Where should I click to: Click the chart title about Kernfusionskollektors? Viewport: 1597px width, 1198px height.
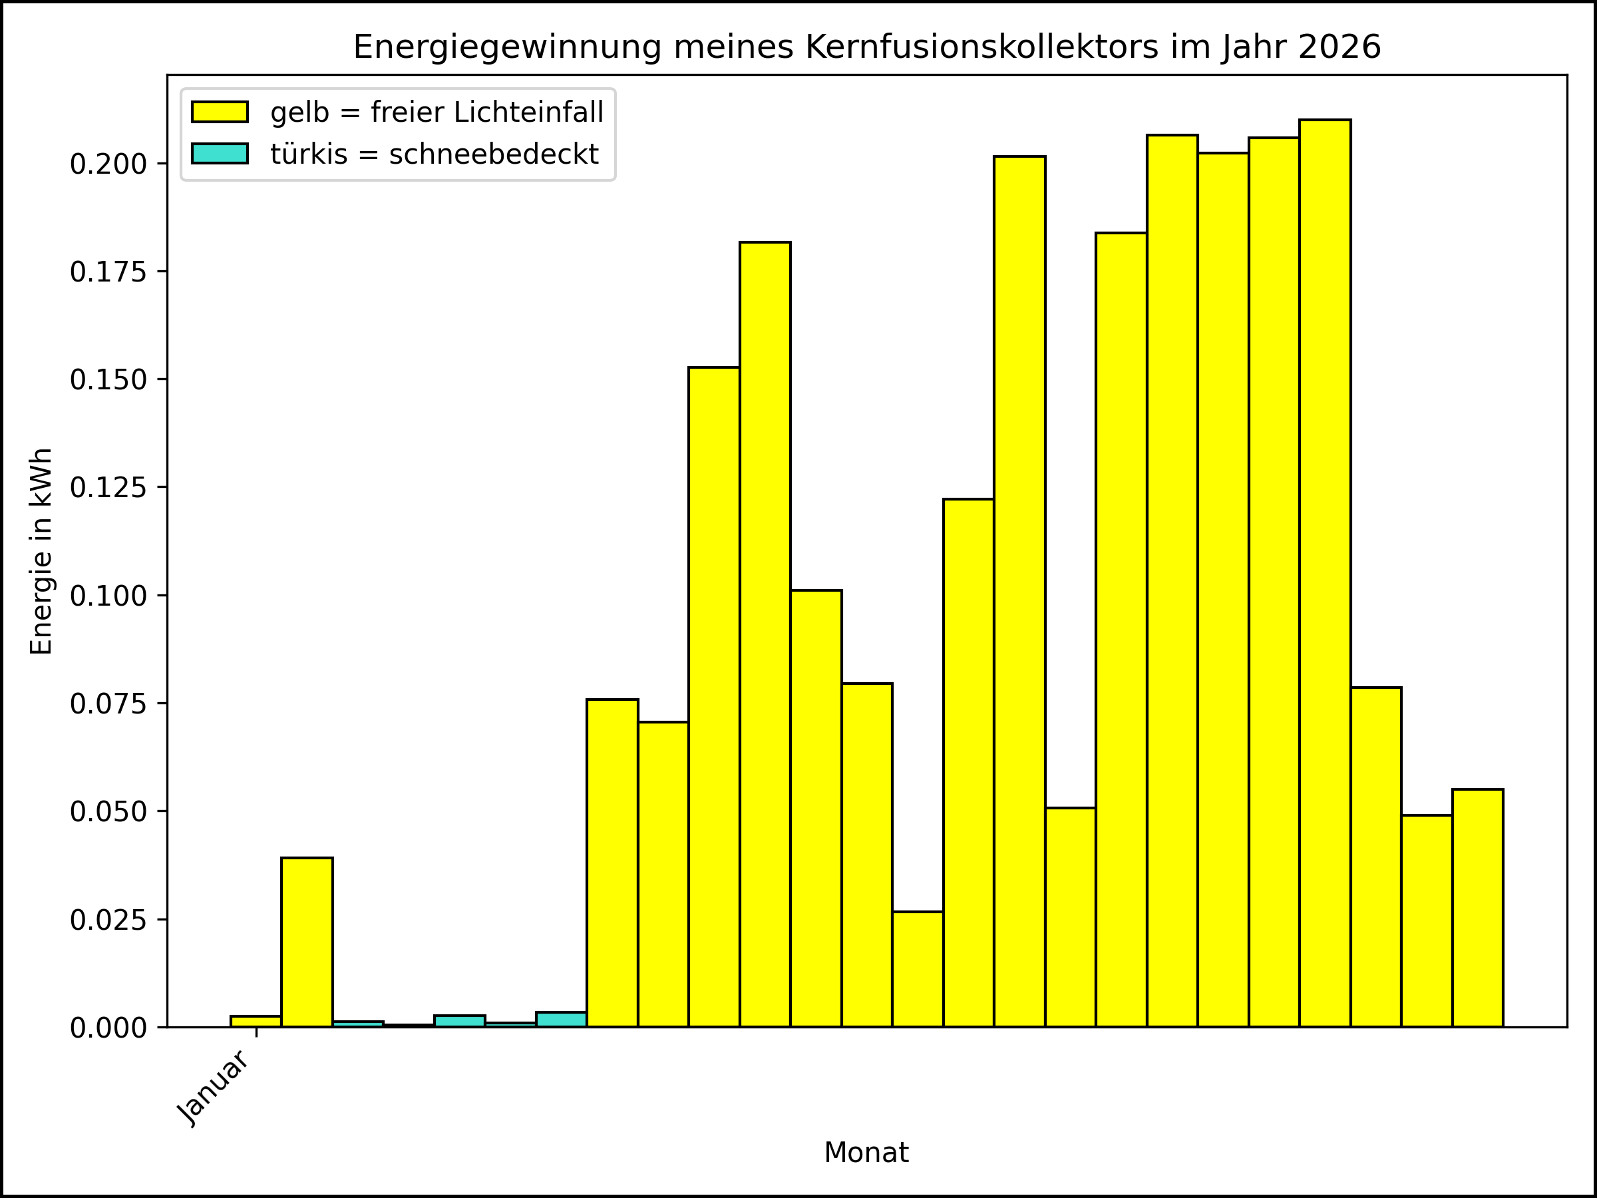pyautogui.click(x=866, y=48)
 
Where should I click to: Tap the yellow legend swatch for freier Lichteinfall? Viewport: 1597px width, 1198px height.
pyautogui.click(x=220, y=112)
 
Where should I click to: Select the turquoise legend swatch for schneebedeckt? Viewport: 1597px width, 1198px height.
pyautogui.click(x=220, y=154)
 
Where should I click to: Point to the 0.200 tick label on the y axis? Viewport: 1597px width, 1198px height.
pyautogui.click(x=108, y=164)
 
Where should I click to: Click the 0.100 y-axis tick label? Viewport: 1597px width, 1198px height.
pyautogui.click(x=108, y=596)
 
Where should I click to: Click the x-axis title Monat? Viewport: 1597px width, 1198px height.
pyautogui.click(x=866, y=1153)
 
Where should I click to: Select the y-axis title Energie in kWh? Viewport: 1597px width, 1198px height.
pyautogui.click(x=41, y=552)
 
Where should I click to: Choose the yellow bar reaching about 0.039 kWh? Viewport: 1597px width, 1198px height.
pyautogui.click(x=307, y=942)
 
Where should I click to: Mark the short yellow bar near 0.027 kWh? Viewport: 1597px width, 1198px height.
pyautogui.click(x=918, y=969)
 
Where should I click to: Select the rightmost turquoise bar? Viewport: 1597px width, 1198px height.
pyautogui.click(x=561, y=1020)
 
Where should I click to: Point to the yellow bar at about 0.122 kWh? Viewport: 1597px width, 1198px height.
pyautogui.click(x=968, y=763)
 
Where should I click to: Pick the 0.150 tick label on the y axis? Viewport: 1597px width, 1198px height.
pyautogui.click(x=108, y=381)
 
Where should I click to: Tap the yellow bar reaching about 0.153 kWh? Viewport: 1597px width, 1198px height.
pyautogui.click(x=714, y=697)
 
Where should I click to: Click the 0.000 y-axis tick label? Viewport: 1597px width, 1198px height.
pyautogui.click(x=108, y=1028)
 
